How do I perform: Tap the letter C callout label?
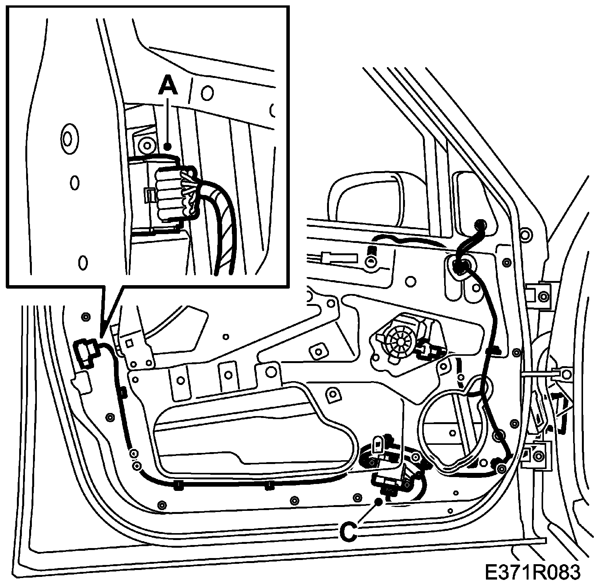(x=349, y=532)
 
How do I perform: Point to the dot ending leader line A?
(x=167, y=146)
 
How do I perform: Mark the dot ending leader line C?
(x=378, y=501)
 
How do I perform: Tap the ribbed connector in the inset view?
(x=171, y=194)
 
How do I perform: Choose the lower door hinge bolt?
(x=539, y=456)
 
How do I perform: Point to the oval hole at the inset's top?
(x=207, y=92)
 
